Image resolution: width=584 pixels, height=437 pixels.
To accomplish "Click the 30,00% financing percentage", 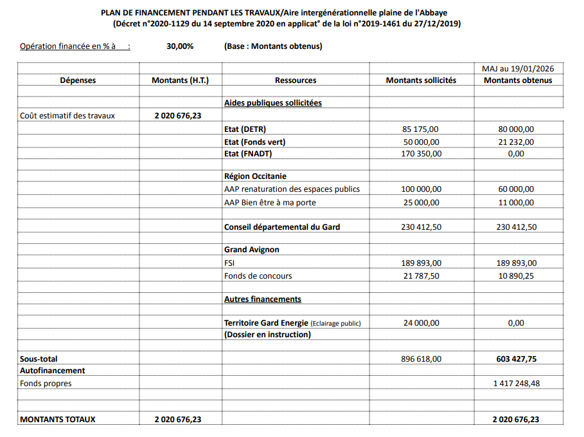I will point(179,46).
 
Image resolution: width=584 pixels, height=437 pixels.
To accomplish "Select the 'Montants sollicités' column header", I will point(421,80).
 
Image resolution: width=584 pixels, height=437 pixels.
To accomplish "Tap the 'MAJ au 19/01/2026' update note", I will point(518,68).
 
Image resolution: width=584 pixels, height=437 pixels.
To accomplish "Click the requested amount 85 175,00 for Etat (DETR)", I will point(421,129).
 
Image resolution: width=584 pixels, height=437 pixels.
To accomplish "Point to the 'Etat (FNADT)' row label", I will point(249,154).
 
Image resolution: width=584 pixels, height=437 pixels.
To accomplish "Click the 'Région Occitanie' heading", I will point(255,176).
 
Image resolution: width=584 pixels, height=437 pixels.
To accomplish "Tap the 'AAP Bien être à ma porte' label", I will point(270,202).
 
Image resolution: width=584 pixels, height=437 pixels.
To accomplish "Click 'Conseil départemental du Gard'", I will point(281,227).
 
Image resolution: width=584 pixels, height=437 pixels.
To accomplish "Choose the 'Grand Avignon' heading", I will point(251,250).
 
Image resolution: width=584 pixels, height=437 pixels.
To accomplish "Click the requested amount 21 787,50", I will point(421,275).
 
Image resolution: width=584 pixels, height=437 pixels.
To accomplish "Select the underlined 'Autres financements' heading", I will point(262,299).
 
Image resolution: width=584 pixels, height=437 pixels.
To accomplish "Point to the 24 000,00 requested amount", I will point(421,323).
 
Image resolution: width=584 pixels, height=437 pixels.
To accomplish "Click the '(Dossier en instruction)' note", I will point(267,335).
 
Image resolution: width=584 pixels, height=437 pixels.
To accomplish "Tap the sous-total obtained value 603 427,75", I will point(516,358).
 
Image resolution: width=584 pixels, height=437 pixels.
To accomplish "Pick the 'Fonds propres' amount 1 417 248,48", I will point(516,384).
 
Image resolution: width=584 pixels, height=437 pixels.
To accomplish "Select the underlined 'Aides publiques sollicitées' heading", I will point(272,103).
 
